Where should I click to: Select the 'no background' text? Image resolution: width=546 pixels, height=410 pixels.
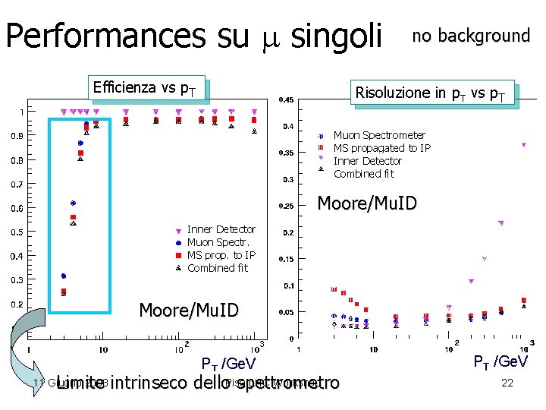470,36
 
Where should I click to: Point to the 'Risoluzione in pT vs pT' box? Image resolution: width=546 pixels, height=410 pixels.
431,93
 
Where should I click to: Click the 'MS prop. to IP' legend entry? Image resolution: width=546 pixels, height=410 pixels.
221,255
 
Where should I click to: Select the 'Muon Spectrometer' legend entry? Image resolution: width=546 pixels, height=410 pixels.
379,135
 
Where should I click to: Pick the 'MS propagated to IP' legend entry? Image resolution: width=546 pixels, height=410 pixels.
381,148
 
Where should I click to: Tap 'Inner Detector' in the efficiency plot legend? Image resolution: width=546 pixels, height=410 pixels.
221,229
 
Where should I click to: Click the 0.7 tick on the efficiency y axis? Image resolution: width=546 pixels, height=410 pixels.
15,184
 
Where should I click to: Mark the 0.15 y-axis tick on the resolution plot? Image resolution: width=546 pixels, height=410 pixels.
286,259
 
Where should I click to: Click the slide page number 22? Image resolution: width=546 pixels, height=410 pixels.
507,383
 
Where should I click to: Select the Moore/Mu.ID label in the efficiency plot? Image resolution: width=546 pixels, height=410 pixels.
189,310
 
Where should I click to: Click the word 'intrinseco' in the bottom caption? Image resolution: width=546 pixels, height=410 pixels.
149,383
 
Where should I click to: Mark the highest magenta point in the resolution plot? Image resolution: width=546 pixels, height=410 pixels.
523,144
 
